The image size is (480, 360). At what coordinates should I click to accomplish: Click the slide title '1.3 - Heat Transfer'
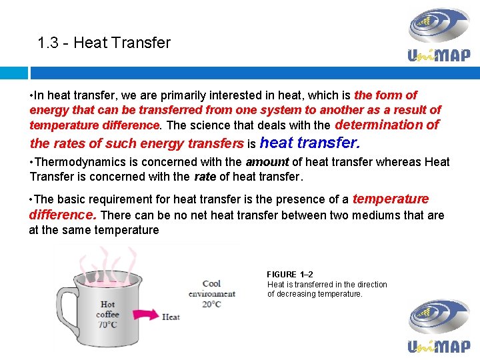click(x=104, y=43)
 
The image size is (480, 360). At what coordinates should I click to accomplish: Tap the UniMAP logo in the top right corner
click(x=439, y=35)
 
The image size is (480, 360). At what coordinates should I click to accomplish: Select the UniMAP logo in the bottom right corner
click(x=439, y=325)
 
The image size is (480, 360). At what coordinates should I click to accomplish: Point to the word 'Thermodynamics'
click(x=76, y=162)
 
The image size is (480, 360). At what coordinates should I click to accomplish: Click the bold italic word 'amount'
click(x=267, y=162)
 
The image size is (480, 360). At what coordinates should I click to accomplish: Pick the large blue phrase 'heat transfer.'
click(x=310, y=143)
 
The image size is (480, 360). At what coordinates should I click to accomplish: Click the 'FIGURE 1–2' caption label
click(x=290, y=275)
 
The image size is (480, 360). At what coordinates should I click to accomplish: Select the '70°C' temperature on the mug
click(x=107, y=325)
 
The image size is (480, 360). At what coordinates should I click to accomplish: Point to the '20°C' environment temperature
click(x=211, y=305)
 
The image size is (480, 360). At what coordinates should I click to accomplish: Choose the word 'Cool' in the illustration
click(x=211, y=284)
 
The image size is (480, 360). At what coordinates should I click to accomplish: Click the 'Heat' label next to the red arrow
click(x=171, y=317)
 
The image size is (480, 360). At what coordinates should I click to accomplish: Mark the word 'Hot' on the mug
click(x=107, y=305)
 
